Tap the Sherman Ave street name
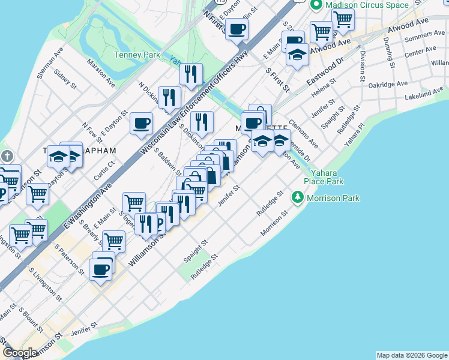[x=50, y=64]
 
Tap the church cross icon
[x=7, y=156]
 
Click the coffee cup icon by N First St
[x=237, y=28]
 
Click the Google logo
[x=20, y=353]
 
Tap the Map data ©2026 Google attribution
[x=412, y=355]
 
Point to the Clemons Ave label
[x=303, y=133]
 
